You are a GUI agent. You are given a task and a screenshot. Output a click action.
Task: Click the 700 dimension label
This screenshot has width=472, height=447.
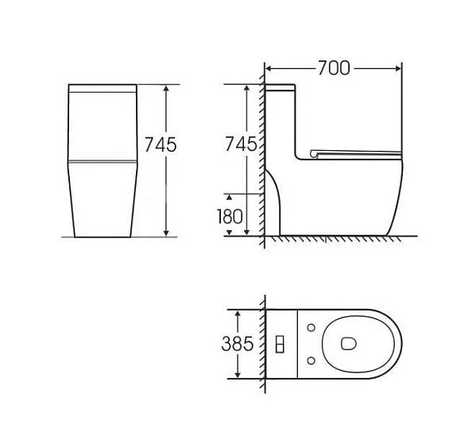334,68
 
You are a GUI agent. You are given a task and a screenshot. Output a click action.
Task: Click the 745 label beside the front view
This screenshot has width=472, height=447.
160,145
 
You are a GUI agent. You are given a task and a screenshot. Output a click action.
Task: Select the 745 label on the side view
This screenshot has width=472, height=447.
241,145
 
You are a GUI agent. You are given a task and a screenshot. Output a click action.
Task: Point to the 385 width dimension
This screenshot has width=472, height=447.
238,343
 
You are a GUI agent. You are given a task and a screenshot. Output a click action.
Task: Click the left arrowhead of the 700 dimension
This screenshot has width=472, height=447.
268,69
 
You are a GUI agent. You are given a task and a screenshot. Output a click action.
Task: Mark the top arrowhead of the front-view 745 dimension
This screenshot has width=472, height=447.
166,87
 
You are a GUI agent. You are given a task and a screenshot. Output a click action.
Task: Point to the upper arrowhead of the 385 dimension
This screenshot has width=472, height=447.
238,311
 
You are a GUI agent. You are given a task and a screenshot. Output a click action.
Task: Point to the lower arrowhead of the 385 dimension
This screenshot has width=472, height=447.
238,375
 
